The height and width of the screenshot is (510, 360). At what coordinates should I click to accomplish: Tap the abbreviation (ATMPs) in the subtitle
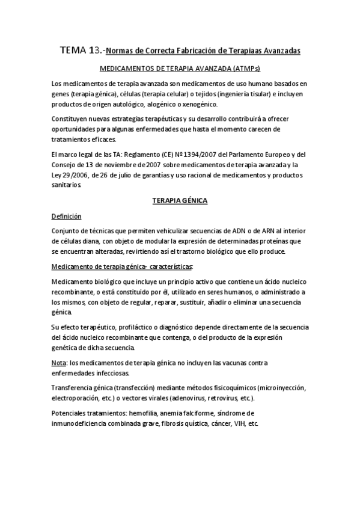(244, 69)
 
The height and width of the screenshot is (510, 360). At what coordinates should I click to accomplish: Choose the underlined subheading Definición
(66, 215)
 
